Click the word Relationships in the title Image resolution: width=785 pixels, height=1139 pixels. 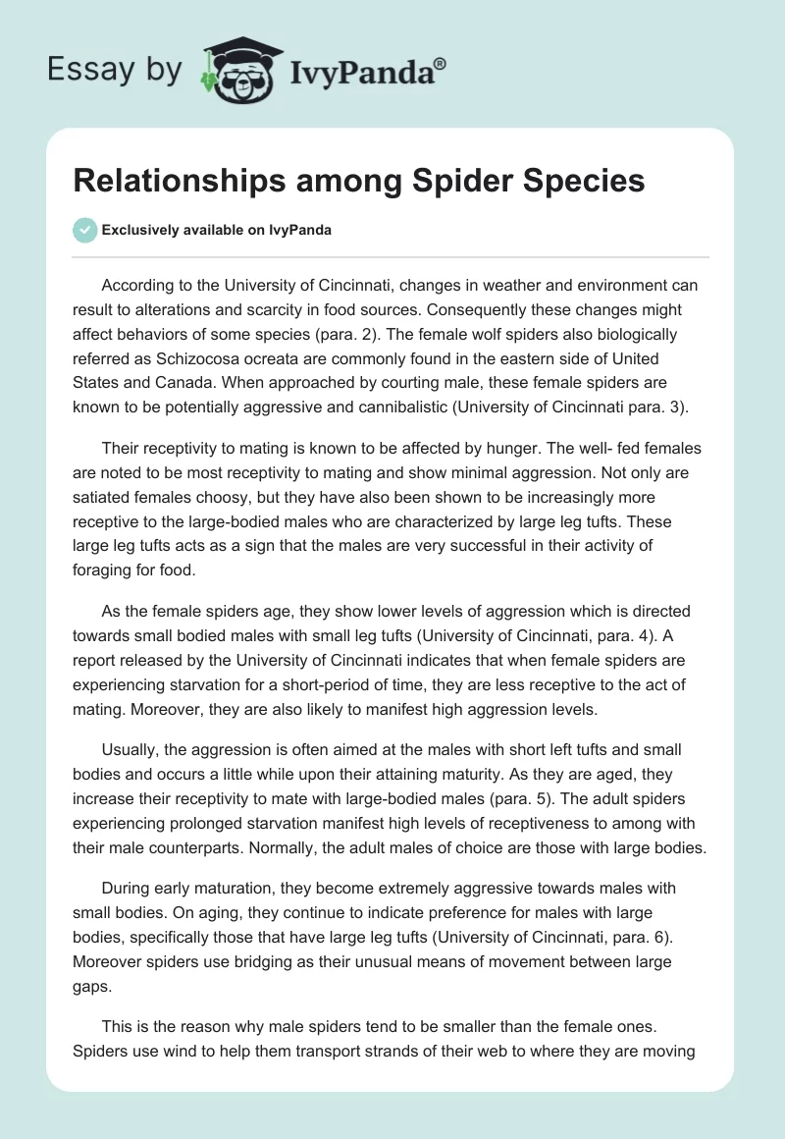tap(173, 181)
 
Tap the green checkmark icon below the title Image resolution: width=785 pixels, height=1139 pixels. tap(85, 230)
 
